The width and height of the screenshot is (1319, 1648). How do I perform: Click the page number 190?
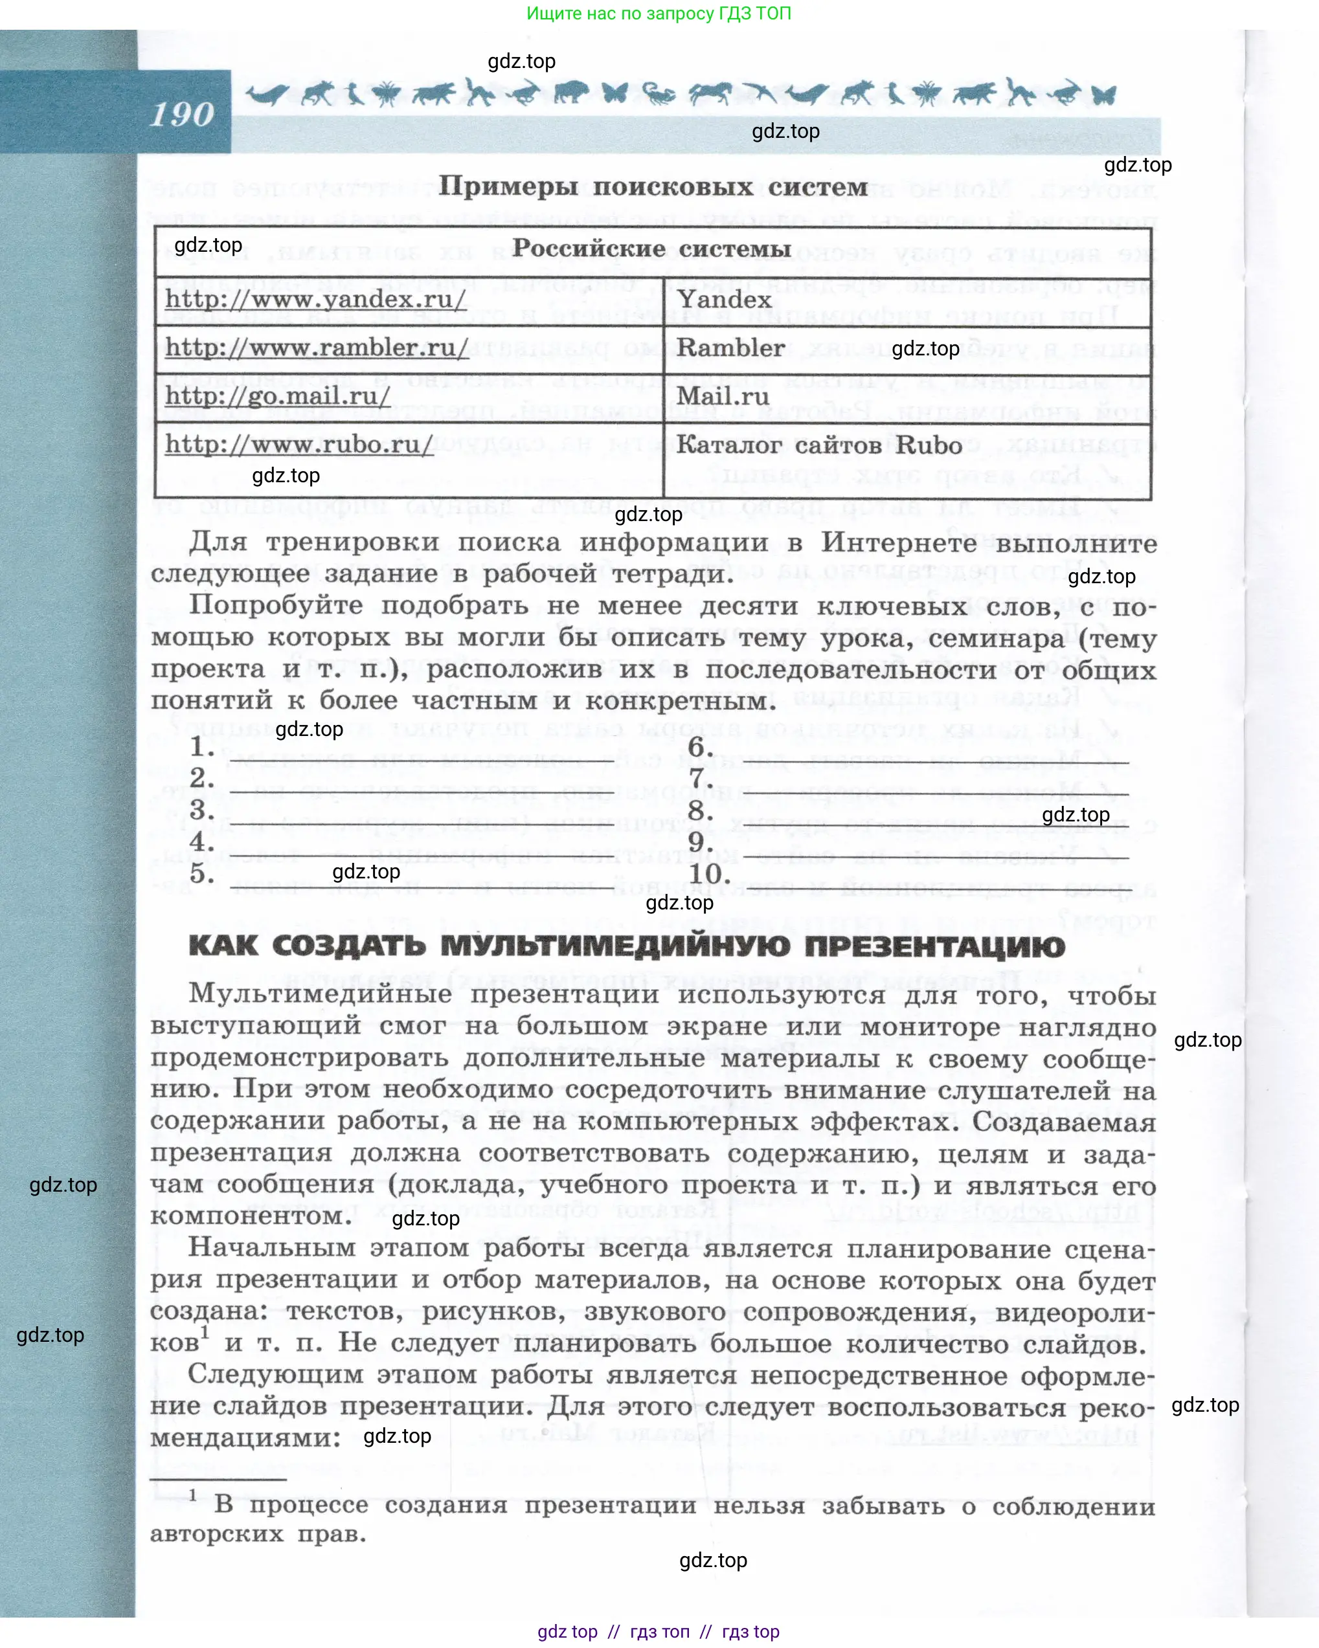pos(182,114)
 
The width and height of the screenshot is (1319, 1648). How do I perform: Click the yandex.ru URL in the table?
pos(315,299)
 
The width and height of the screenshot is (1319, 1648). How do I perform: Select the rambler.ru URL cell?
pos(317,348)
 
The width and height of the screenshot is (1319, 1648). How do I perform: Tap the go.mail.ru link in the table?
pos(278,396)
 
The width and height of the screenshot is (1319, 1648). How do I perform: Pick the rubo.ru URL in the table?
pos(299,444)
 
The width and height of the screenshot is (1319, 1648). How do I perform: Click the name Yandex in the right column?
pos(724,299)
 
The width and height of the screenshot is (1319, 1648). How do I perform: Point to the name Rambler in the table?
pos(730,348)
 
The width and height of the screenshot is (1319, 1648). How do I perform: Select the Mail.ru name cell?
pos(723,396)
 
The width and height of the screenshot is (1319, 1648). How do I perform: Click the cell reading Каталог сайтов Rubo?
pos(819,445)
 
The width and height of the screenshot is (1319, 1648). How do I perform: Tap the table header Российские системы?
pos(651,249)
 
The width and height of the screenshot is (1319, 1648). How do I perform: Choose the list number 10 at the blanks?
pos(708,873)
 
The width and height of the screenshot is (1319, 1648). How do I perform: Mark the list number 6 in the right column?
pos(699,747)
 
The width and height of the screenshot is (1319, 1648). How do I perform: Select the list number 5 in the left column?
pos(202,873)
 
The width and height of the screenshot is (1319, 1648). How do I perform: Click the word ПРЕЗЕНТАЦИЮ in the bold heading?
pos(934,946)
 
